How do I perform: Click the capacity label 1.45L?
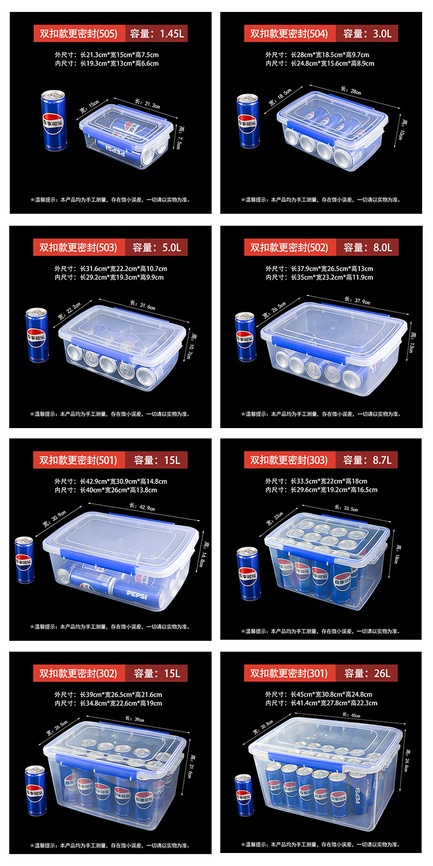pyautogui.click(x=157, y=34)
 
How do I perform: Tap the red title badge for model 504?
pyautogui.click(x=288, y=34)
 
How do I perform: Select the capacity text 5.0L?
pyautogui.click(x=157, y=247)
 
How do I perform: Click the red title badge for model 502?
pyautogui.click(x=288, y=247)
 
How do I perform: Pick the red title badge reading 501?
pyautogui.click(x=78, y=460)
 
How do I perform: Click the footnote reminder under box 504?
pyautogui.click(x=320, y=200)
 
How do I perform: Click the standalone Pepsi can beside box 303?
pyautogui.click(x=248, y=574)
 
